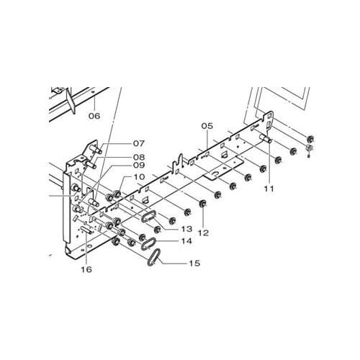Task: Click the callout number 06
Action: [x=94, y=116]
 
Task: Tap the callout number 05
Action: [x=207, y=126]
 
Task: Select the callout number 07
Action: [x=139, y=143]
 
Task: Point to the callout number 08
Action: [x=139, y=157]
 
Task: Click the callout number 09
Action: [x=139, y=165]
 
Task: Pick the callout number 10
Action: [x=140, y=177]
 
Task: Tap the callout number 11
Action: [x=269, y=189]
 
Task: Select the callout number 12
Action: [x=204, y=233]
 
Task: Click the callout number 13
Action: [x=186, y=229]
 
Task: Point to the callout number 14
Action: [x=186, y=240]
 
